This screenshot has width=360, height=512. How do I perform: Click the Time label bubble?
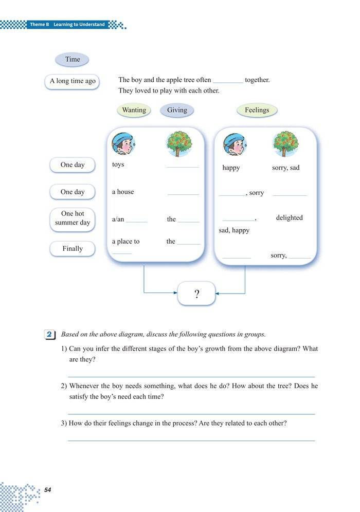pos(73,59)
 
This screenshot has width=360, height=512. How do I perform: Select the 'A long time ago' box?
pos(73,81)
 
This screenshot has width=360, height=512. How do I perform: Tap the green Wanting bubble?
pos(134,110)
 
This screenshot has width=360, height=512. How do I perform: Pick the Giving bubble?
pos(177,110)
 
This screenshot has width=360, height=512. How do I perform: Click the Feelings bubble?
pos(257,110)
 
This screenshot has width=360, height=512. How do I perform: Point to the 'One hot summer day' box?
pos(73,218)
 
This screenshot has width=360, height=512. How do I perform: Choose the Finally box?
pos(73,248)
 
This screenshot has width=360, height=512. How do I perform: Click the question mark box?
pos(196,294)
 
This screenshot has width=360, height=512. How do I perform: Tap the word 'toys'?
pos(118,164)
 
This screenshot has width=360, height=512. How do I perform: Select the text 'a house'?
pos(123,192)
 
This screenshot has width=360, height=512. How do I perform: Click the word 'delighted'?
pos(289,217)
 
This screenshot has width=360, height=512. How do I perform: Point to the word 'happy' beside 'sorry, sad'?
pos(231,168)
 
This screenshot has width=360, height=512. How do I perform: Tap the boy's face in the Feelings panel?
pos(234,144)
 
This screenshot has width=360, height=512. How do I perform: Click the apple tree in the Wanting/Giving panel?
pos(179,143)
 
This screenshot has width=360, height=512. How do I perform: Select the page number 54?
pos(48,490)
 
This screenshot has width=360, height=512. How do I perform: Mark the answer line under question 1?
pos(191,377)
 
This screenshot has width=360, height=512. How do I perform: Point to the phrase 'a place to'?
pos(126,241)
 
